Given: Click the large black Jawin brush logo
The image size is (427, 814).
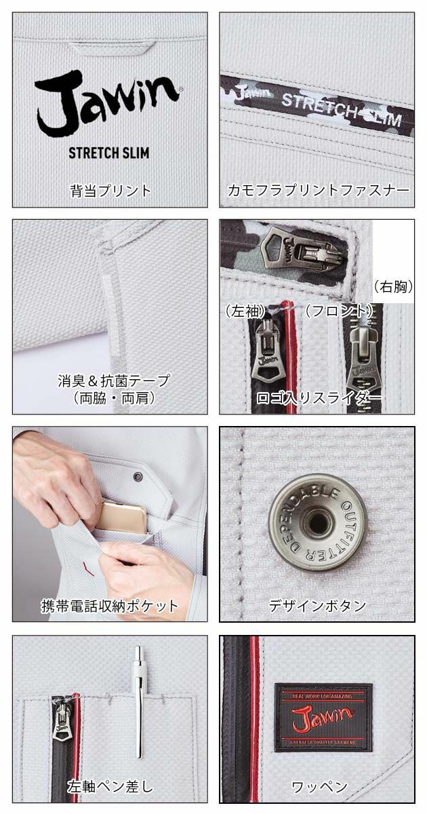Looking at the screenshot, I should click(x=107, y=102).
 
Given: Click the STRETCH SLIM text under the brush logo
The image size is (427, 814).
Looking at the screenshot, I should click(x=108, y=151).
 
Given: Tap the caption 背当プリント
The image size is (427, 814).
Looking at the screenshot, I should click(x=110, y=190).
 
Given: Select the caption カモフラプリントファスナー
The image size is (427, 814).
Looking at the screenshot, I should click(x=317, y=191).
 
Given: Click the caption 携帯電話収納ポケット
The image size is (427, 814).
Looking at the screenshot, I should click(x=109, y=606).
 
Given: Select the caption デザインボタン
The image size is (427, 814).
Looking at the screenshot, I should click(x=317, y=606).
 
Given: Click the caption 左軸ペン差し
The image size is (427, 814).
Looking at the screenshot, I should click(x=110, y=787).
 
